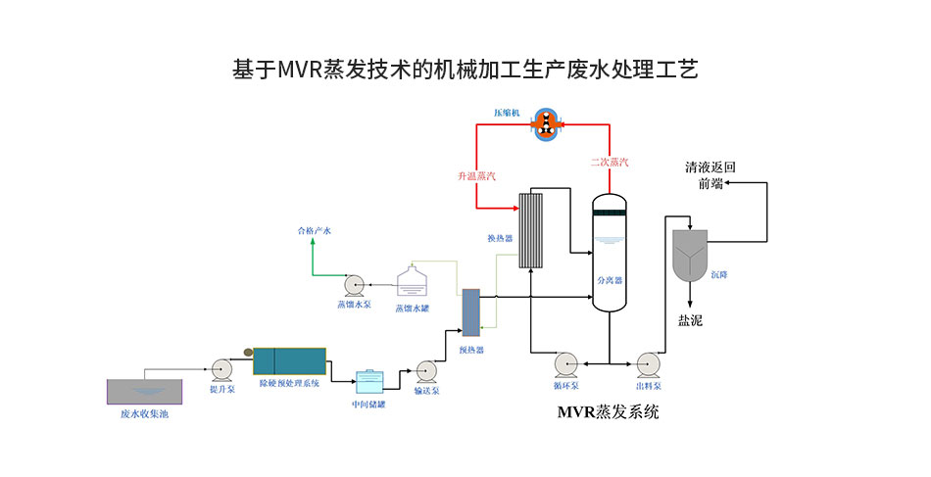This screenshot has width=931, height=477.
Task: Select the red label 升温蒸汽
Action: coord(476,175)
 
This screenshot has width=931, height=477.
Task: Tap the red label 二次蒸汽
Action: coord(610,163)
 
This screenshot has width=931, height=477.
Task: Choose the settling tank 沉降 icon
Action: coord(690,254)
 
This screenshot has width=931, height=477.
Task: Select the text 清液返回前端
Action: coord(710,175)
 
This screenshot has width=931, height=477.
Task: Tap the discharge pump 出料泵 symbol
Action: coord(648,363)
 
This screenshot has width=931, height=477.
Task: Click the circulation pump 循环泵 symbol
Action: coord(567,363)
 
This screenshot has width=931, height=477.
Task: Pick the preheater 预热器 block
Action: coord(470,312)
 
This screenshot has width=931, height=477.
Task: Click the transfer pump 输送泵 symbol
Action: coord(426,371)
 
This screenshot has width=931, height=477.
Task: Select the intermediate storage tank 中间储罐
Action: coord(368,380)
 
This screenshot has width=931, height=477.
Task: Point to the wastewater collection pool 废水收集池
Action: coord(144,392)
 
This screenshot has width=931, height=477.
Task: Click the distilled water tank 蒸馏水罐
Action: coord(411,283)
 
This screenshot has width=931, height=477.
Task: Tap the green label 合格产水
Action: coord(315,231)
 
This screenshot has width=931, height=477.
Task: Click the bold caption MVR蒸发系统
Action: coord(608,412)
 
